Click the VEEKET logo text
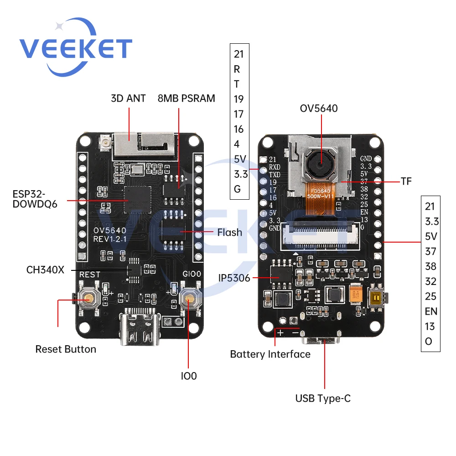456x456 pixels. point(76,49)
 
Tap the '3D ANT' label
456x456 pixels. point(128,98)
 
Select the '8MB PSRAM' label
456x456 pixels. point(186,98)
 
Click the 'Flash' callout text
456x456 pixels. point(229,233)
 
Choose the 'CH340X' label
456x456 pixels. point(45,269)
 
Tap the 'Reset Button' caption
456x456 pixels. point(66,349)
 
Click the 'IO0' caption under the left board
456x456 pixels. point(189,376)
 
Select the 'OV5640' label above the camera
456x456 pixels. point(319,109)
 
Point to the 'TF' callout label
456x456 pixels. point(406,181)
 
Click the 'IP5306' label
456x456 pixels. point(234,278)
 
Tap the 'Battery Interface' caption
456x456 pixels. point(270,354)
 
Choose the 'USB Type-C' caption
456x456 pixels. point(323,399)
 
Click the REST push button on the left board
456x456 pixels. point(88,299)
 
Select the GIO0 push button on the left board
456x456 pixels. point(189,299)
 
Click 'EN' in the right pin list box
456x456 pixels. point(430,311)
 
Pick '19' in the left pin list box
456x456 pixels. point(238,99)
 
